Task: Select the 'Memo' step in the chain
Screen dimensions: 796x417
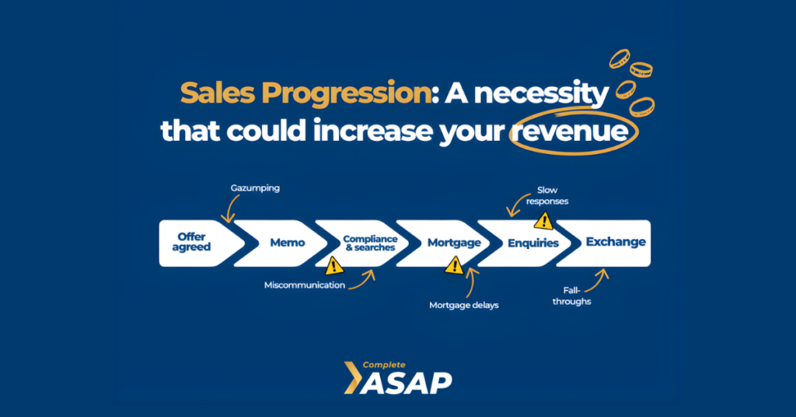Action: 285,243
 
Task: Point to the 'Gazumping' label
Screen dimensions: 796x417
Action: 255,188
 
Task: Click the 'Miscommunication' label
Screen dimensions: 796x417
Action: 305,285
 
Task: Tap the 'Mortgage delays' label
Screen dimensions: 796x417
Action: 464,305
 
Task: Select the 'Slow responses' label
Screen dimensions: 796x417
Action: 547,195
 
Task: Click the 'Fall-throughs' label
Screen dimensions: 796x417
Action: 571,296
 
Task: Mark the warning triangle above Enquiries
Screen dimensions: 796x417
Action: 543,221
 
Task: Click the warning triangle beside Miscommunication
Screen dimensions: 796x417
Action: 333,265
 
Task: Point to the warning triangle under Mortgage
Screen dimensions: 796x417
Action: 454,265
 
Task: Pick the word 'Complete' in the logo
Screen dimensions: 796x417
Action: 384,365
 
